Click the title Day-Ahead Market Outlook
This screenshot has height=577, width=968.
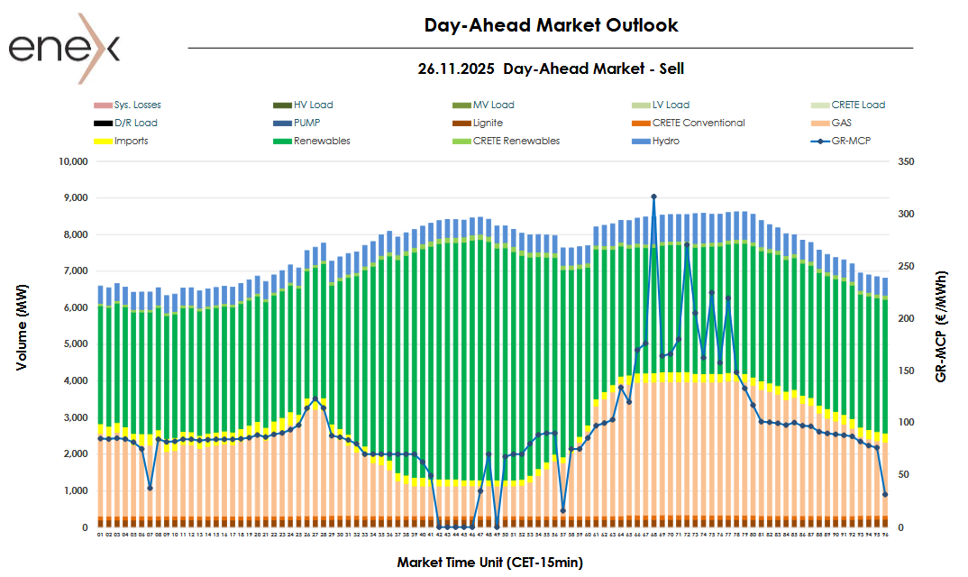(x=551, y=25)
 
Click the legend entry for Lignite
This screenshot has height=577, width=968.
(x=488, y=123)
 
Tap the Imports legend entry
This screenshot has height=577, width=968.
(x=131, y=141)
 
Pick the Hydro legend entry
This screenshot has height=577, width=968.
(x=666, y=141)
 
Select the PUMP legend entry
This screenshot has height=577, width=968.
(x=306, y=123)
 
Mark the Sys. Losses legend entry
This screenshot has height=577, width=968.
(x=137, y=105)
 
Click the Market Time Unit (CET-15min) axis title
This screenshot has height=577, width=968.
(x=490, y=563)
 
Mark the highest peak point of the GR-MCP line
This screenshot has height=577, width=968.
(x=653, y=197)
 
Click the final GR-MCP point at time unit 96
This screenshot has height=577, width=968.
(x=885, y=494)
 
